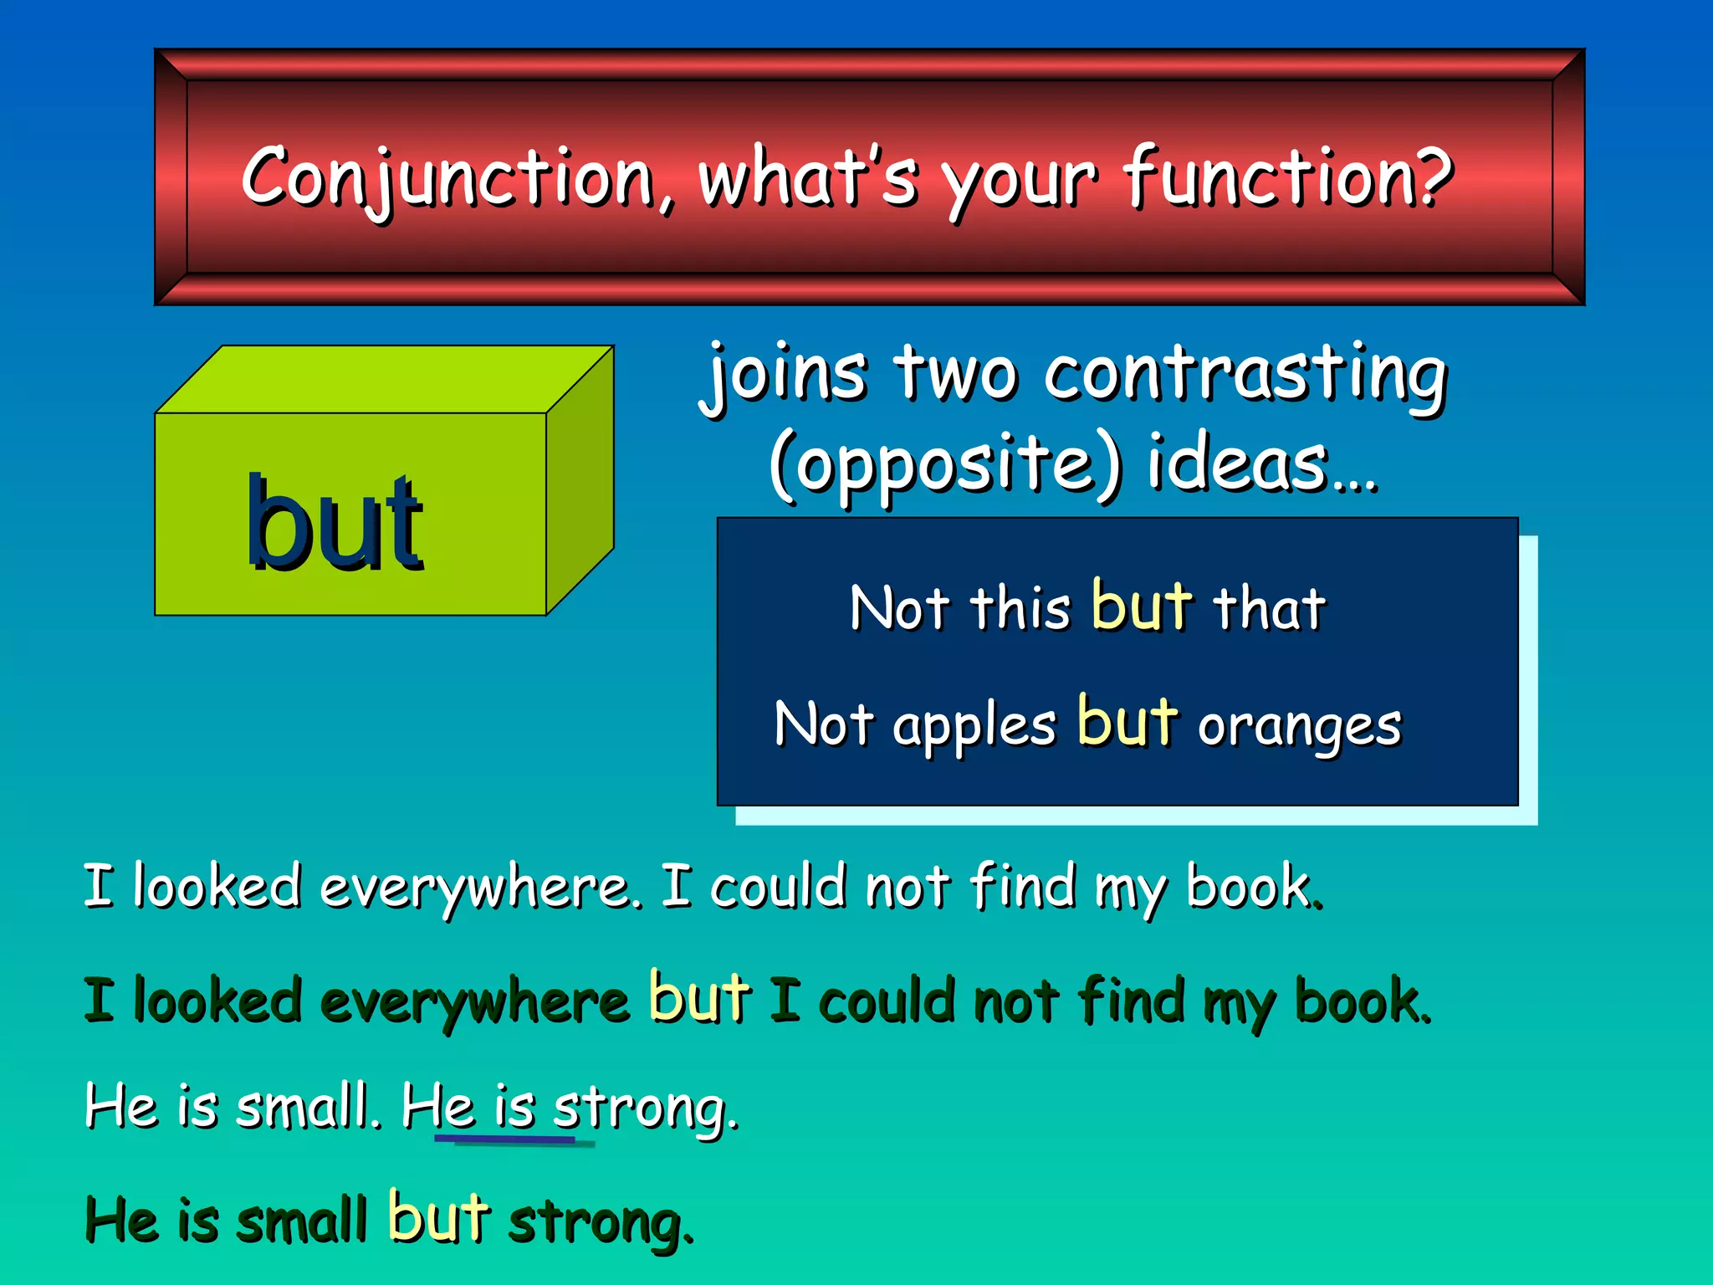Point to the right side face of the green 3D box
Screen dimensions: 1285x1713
click(580, 481)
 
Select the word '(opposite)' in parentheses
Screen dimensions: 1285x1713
click(945, 465)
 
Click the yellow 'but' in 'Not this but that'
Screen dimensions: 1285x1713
click(1141, 606)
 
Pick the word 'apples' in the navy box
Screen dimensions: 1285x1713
click(974, 726)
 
